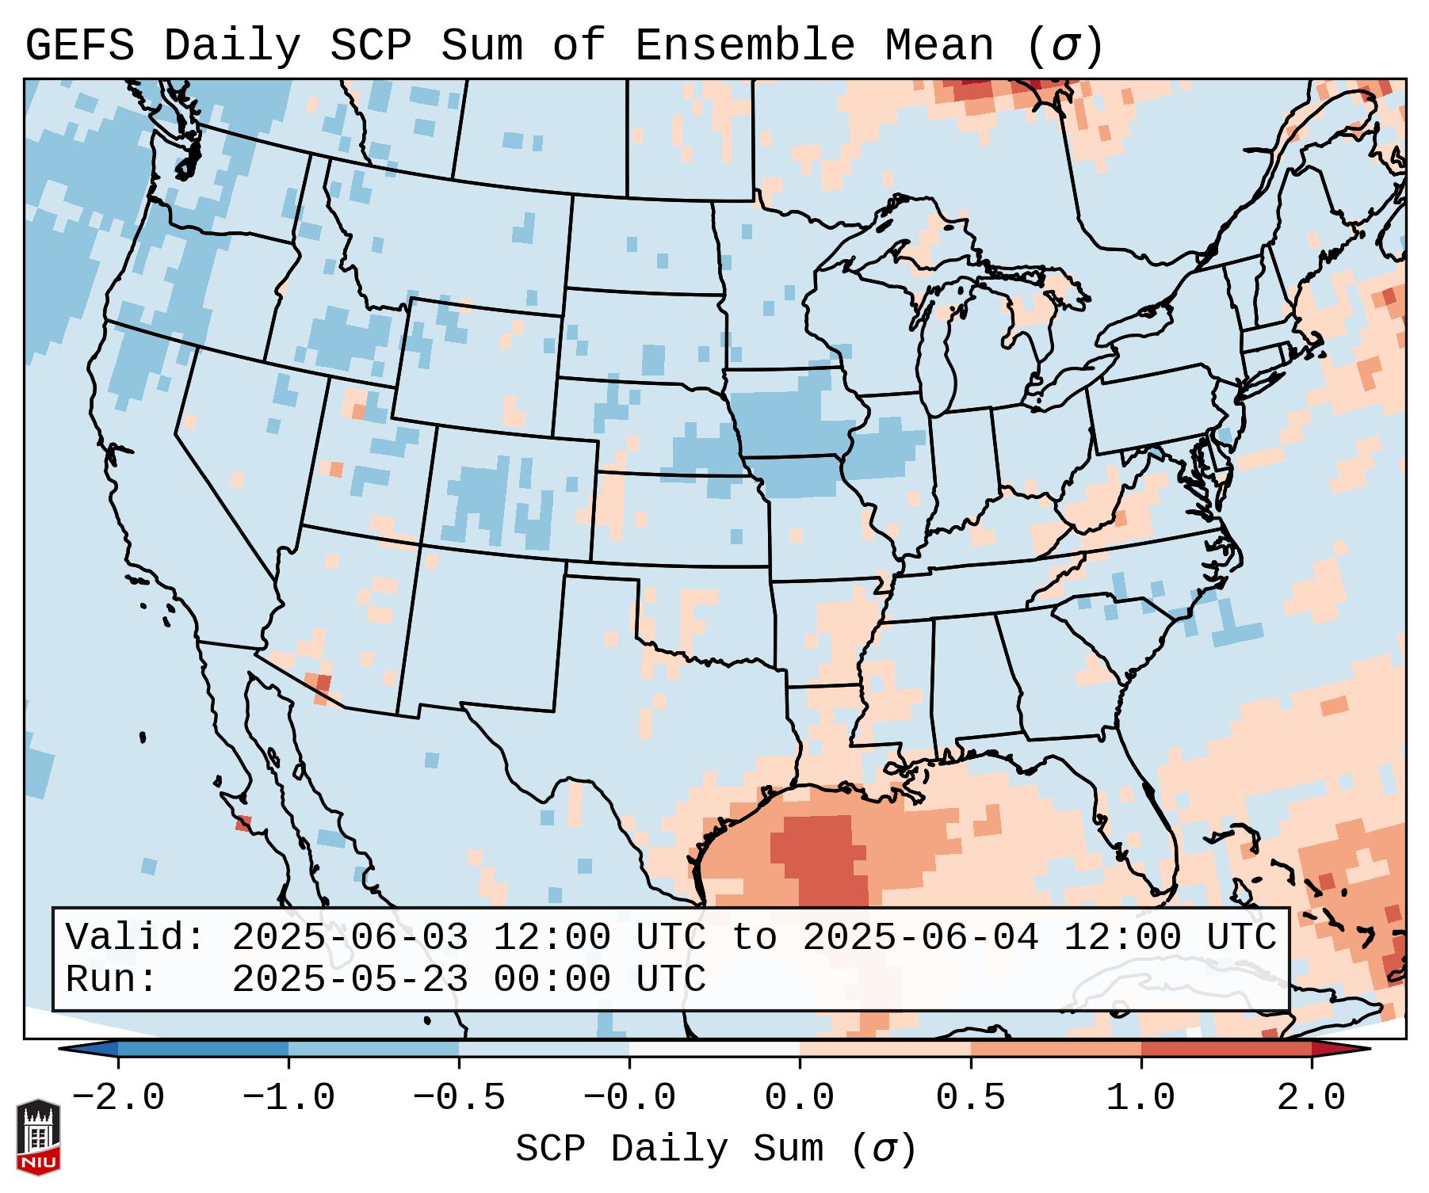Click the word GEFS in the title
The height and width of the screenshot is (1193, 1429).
79,46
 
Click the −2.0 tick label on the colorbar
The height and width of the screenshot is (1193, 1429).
118,1098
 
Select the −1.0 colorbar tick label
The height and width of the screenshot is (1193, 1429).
288,1098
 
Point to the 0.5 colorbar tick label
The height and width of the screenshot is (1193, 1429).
970,1098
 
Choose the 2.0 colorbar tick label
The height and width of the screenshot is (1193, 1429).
1311,1098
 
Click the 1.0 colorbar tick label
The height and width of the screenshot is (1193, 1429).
1141,1098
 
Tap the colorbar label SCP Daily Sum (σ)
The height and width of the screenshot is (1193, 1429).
715,1149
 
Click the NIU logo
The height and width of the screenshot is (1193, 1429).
38,1137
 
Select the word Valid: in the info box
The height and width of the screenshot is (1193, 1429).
136,938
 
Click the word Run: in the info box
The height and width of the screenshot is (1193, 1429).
112,980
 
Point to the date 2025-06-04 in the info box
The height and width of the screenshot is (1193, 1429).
920,938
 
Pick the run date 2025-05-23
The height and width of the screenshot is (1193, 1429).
350,980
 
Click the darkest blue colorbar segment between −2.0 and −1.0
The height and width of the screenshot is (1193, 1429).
203,1049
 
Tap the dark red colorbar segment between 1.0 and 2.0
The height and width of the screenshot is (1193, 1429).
1225,1049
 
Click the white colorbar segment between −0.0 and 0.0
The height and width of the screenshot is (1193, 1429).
714,1049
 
